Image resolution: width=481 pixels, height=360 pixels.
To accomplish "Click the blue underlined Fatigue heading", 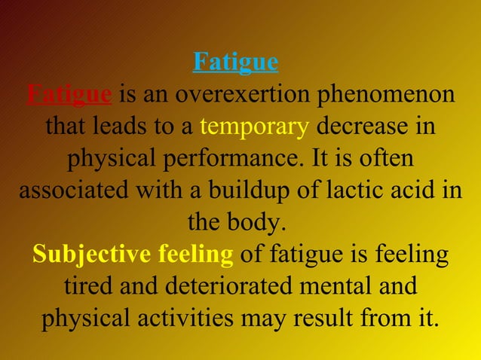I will pos(235,62).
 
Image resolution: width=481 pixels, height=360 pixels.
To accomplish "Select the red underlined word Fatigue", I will pos(69,95).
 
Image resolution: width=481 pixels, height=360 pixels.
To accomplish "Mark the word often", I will pos(389,159).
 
